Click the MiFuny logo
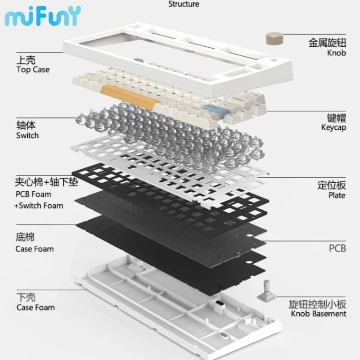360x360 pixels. pos(43,16)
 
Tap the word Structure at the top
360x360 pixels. pos(184,4)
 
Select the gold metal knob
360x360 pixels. pos(274,39)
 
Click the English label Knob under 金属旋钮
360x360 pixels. pos(336,53)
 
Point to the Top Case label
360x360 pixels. pos(33,70)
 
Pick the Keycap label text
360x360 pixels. pos(333,127)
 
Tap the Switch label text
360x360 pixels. pos(27,135)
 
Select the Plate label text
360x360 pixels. pos(337,195)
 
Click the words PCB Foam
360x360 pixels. pos(33,194)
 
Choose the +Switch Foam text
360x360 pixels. pos(39,206)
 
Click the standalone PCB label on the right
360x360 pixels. pos(337,248)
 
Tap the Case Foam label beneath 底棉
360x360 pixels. pos(35,249)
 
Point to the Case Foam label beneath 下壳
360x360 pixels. pos(36,307)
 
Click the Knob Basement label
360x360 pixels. pos(319,314)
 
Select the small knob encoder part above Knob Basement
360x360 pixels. pos(266,290)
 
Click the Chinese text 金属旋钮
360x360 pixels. pos(327,43)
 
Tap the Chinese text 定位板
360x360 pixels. pos(332,185)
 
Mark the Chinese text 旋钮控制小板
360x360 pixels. pos(317,304)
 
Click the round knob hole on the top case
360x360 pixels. pos(274,60)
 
